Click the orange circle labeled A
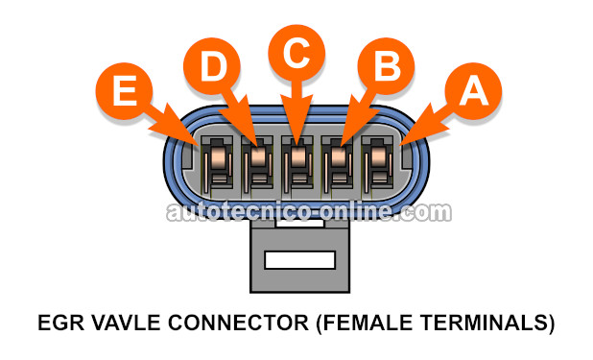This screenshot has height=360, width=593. click(x=473, y=91)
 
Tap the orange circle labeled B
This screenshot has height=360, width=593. click(x=386, y=66)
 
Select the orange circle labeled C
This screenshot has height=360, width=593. click(x=296, y=53)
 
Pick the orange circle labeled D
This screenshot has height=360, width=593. click(x=212, y=66)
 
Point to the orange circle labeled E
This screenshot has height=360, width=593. click(x=124, y=91)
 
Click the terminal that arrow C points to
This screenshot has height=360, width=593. click(x=297, y=163)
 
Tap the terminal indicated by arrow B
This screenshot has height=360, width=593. click(x=337, y=163)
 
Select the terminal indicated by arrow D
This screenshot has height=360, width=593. click(x=257, y=163)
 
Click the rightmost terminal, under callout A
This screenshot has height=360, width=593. click(x=377, y=163)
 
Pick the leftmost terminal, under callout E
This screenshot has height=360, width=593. click(x=217, y=163)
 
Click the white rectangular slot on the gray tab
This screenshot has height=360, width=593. click(x=300, y=260)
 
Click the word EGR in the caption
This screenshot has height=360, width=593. click(x=61, y=323)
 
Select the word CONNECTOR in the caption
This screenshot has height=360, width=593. click(x=238, y=323)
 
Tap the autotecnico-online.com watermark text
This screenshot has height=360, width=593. click(x=309, y=212)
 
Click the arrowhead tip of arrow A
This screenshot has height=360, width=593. click(x=399, y=146)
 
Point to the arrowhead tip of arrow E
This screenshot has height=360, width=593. click(x=198, y=146)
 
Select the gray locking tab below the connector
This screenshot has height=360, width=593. click(x=300, y=257)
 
